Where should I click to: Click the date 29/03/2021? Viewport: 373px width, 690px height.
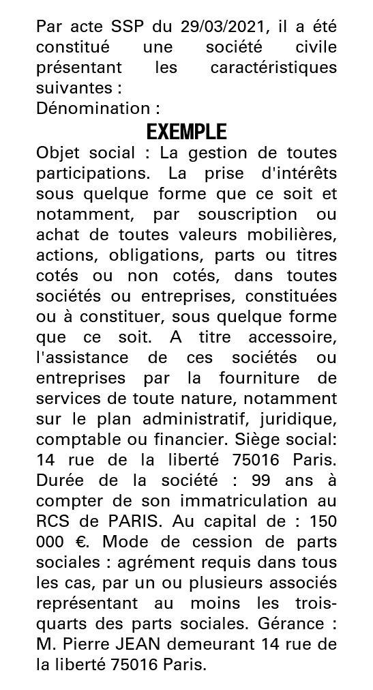coord(222,28)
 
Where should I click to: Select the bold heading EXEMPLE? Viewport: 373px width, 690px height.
coord(187,131)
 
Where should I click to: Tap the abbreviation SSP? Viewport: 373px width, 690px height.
coord(128,28)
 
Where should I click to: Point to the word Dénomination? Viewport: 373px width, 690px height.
coord(93,109)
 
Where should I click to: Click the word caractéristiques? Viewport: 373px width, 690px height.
coord(273,68)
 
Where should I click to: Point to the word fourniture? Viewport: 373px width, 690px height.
coord(256,377)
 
